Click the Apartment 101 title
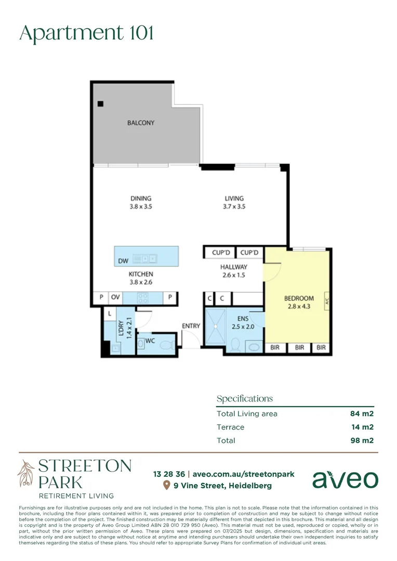point(86,33)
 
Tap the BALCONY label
point(141,123)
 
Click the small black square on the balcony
point(100,104)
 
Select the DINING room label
point(141,198)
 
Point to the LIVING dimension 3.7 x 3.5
point(234,207)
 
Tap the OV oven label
point(115,298)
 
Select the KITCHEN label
point(141,274)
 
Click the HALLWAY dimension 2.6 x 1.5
point(233,275)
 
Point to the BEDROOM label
point(299,298)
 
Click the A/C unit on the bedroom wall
point(326,301)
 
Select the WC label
point(150,341)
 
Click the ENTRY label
point(191,326)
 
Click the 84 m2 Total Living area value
point(362,414)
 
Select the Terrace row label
point(230,428)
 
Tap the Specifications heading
point(244,399)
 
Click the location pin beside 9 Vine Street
point(166,486)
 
